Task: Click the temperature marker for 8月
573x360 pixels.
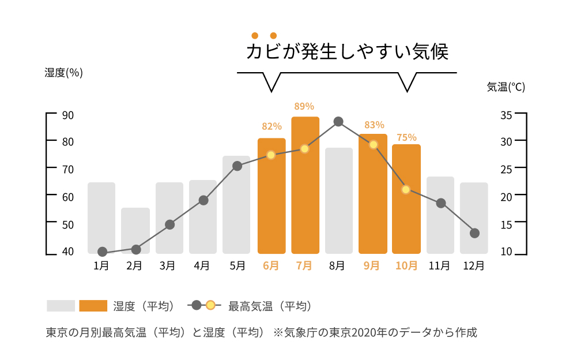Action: pos(338,122)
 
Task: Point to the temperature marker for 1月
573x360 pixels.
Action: pos(102,252)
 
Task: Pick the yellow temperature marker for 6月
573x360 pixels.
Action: pos(271,155)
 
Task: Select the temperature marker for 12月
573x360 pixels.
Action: pos(474,233)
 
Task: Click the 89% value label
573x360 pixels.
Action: pos(304,106)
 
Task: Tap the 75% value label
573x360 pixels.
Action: pos(406,137)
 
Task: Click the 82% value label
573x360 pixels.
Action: pos(272,126)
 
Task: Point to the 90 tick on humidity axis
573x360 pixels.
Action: pos(68,115)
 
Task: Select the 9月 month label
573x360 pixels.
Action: pos(372,265)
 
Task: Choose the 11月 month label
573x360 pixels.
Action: pos(439,265)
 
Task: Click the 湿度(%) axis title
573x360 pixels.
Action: pos(64,73)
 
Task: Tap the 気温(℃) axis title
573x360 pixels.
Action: pos(506,87)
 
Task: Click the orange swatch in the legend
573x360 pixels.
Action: pos(93,306)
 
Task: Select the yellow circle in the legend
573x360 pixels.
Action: pos(210,305)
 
